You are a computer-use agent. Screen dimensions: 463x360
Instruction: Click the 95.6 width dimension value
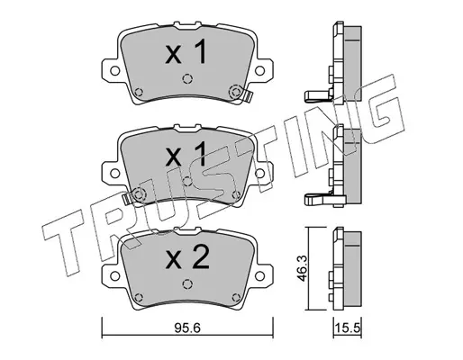pyautogui.click(x=187, y=328)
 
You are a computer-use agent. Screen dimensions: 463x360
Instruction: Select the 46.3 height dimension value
pyautogui.click(x=303, y=268)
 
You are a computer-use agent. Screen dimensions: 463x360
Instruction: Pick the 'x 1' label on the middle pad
pyautogui.click(x=186, y=154)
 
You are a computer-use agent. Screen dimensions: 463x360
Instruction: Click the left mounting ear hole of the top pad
pyautogui.click(x=114, y=71)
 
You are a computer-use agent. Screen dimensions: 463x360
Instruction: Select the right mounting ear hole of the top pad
pyautogui.click(x=259, y=71)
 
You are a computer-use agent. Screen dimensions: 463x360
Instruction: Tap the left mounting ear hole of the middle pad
pyautogui.click(x=114, y=173)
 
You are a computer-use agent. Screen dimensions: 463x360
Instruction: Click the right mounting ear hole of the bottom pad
pyautogui.click(x=259, y=275)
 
